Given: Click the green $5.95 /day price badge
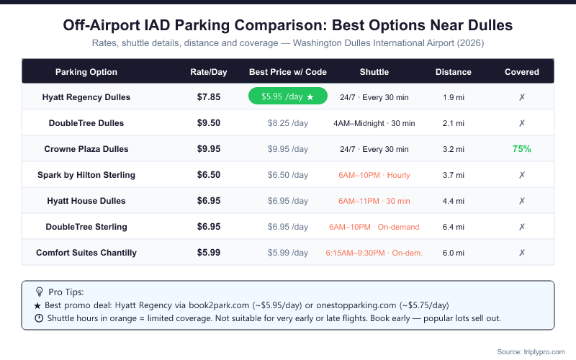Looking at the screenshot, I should (x=288, y=96).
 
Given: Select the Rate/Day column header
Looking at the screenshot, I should (x=209, y=72).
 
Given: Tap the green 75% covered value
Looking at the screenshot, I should (x=521, y=149).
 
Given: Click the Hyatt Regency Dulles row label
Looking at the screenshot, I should (x=86, y=96).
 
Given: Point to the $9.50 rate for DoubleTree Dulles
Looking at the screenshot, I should (x=209, y=123).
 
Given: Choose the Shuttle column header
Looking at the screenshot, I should (x=374, y=72).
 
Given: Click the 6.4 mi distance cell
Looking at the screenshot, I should (x=454, y=227).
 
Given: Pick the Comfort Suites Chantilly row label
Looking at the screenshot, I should (x=86, y=253).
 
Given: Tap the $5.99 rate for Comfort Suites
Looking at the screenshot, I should (x=209, y=253).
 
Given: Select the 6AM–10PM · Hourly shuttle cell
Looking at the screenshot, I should (x=374, y=175).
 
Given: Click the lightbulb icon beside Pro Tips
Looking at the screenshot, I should (x=39, y=292).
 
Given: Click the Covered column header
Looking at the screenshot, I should (x=521, y=72).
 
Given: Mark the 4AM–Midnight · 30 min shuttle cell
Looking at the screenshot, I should (x=374, y=123).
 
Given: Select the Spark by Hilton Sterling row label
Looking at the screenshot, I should (x=86, y=175).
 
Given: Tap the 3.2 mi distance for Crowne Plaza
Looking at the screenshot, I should (x=454, y=149).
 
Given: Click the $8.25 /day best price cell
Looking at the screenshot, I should (x=288, y=123).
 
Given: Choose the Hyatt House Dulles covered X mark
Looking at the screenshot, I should (x=521, y=201).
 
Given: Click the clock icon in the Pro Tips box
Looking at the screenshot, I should (x=39, y=318).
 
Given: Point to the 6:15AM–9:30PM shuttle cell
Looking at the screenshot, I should (x=374, y=253).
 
